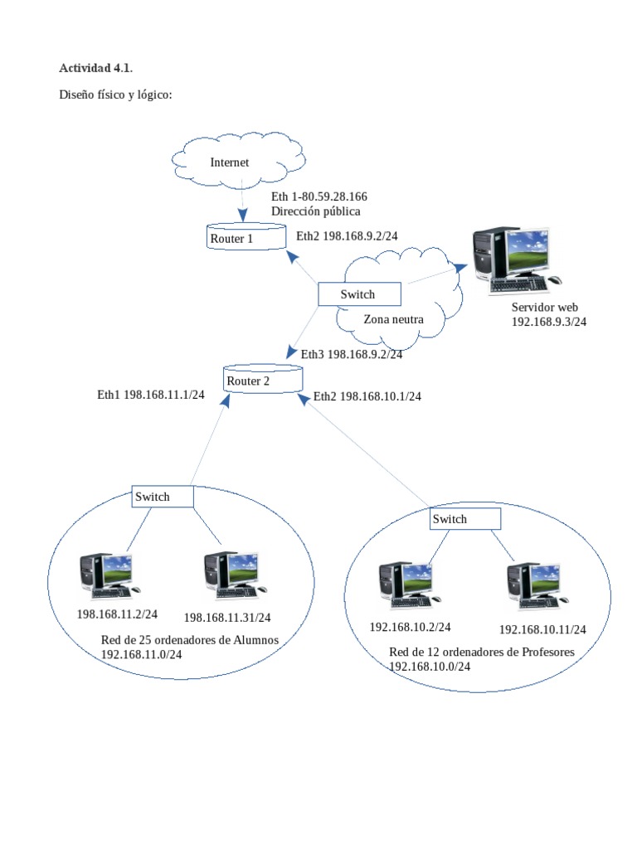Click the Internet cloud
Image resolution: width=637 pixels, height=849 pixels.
tap(237, 162)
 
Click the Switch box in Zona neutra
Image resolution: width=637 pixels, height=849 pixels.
tap(360, 294)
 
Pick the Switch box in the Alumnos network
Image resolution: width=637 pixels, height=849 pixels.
tap(163, 497)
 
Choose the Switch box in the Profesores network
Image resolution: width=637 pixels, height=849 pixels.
tap(465, 519)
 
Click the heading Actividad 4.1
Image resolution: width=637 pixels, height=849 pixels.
tap(95, 67)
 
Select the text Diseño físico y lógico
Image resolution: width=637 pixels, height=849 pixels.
tap(115, 95)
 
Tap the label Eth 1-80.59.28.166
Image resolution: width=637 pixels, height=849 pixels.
tap(319, 196)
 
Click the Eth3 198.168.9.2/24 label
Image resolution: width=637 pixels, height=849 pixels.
tap(352, 354)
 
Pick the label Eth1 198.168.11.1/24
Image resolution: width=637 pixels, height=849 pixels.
tap(151, 395)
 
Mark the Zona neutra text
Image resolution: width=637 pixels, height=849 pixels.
tap(393, 319)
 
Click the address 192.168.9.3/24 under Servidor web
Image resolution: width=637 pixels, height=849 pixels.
tap(549, 322)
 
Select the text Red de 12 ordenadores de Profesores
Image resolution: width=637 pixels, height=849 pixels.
tap(482, 652)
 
